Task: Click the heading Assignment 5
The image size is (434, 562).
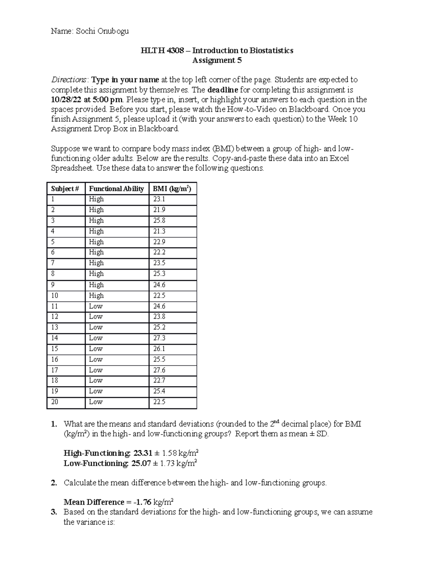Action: [217, 60]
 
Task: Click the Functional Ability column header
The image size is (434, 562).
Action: [116, 189]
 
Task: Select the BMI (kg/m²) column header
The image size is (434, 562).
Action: [172, 189]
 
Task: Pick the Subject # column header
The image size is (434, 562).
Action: [65, 189]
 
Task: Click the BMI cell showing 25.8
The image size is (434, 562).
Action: [159, 220]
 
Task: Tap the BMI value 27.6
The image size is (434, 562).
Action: [159, 370]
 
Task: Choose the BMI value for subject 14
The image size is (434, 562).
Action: [159, 338]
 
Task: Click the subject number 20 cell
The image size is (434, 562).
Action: [55, 402]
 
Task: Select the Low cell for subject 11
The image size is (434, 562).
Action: [96, 306]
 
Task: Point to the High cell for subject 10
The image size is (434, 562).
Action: [96, 296]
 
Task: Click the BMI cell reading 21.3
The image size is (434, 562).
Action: [159, 231]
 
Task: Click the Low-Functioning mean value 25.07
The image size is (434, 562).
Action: [141, 463]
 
